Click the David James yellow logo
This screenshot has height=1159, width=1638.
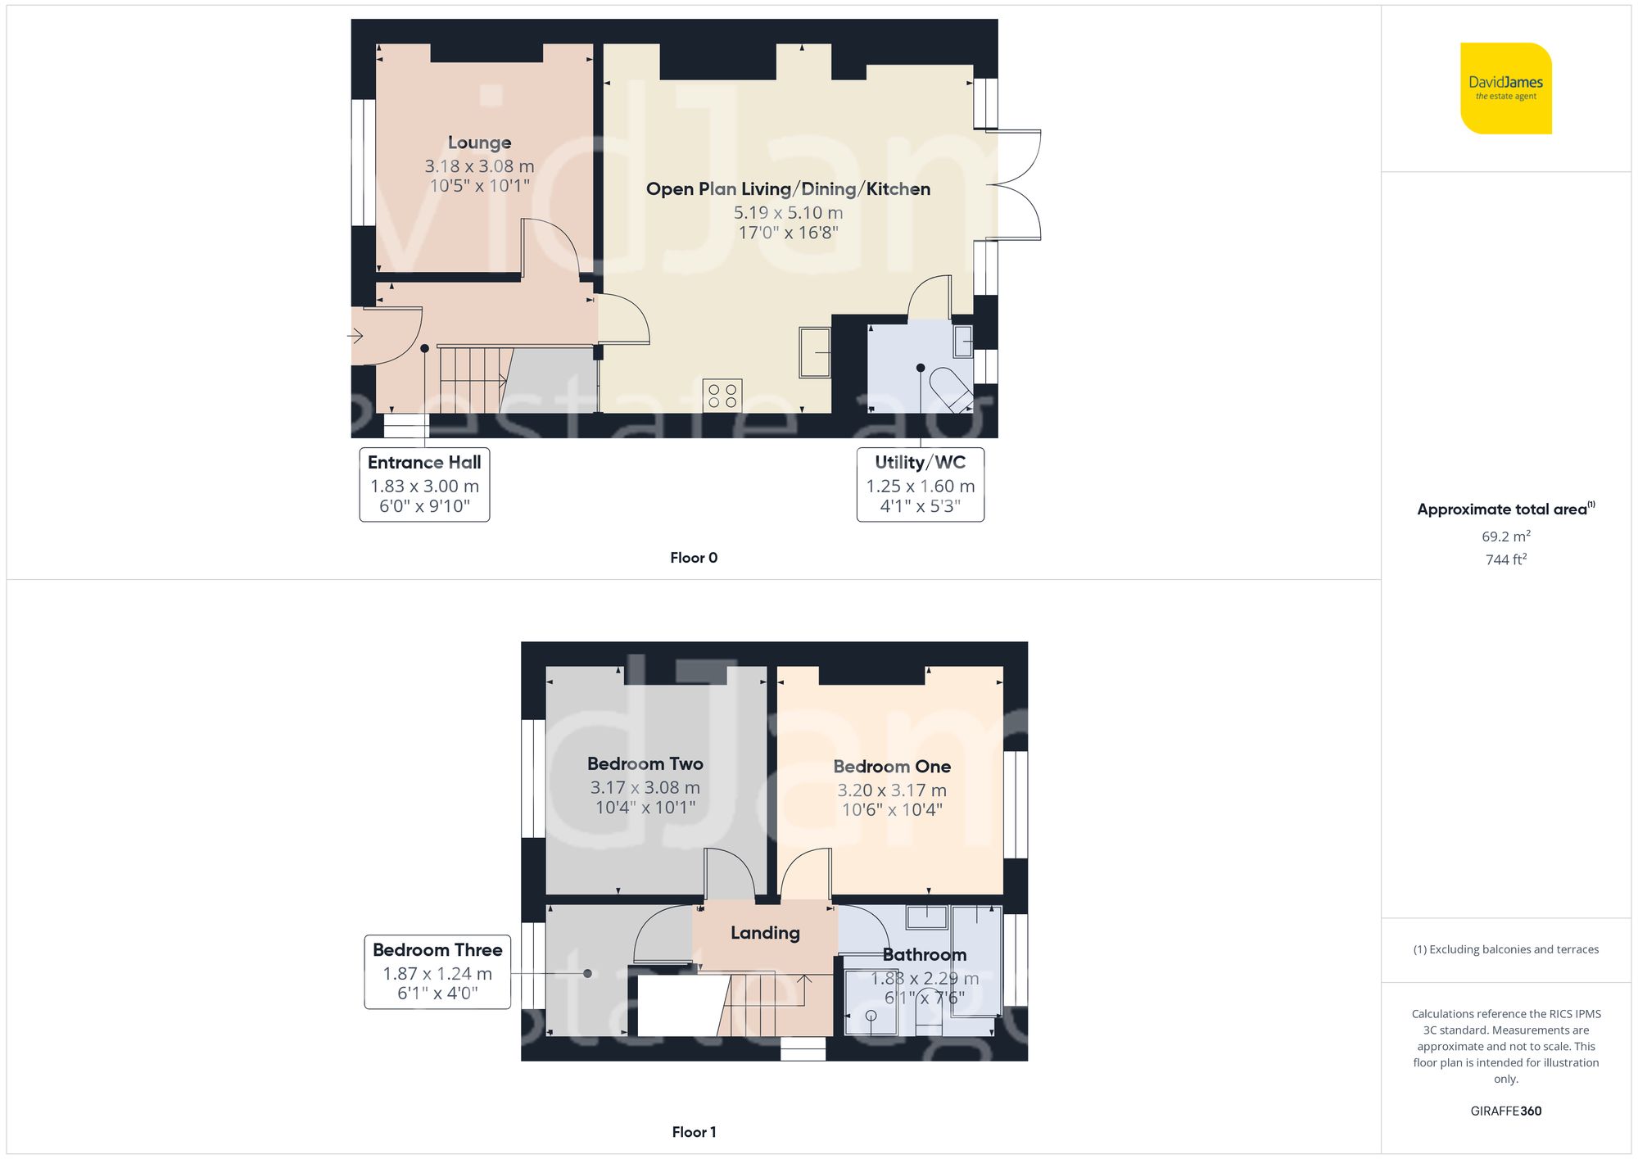point(1505,88)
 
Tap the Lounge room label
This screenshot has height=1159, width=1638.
point(479,143)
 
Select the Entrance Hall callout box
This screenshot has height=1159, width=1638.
point(424,484)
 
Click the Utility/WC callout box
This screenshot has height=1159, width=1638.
point(920,484)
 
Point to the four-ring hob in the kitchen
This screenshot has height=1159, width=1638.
point(722,396)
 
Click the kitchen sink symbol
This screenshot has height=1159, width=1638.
point(815,352)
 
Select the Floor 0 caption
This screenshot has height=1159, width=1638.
point(693,558)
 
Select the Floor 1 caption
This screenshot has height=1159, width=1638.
point(693,1132)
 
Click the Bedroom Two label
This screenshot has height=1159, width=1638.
point(645,763)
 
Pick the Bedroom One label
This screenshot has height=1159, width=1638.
point(892,767)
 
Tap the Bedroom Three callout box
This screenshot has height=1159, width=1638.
point(437,971)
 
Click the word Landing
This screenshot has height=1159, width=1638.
point(765,933)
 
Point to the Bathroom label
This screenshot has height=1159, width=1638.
point(924,955)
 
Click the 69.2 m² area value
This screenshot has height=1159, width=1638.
point(1505,536)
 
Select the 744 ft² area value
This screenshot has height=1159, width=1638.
point(1505,559)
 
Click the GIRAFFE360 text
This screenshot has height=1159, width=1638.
point(1505,1111)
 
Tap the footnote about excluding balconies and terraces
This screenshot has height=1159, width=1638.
point(1505,949)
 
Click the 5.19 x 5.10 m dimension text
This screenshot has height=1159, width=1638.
point(788,213)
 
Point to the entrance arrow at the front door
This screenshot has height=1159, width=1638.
point(355,336)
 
